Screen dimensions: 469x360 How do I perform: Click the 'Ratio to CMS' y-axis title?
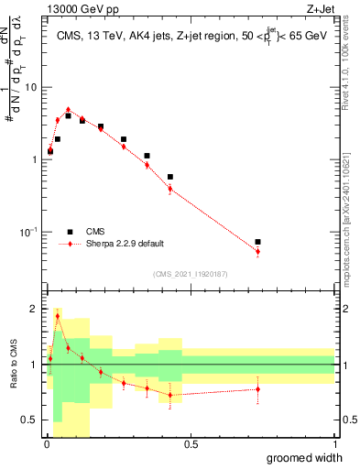pyautogui.click(x=14, y=365)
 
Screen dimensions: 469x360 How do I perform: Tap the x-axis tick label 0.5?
pyautogui.click(x=191, y=444)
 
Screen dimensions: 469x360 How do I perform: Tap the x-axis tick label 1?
pyautogui.click(x=334, y=444)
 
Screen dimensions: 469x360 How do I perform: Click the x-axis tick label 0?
pyautogui.click(x=47, y=444)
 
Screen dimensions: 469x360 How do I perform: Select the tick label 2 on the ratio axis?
pyautogui.click(x=35, y=309)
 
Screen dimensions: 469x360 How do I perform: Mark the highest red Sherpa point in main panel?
pyautogui.click(x=68, y=109)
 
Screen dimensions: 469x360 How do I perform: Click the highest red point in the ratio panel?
pyautogui.click(x=58, y=316)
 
